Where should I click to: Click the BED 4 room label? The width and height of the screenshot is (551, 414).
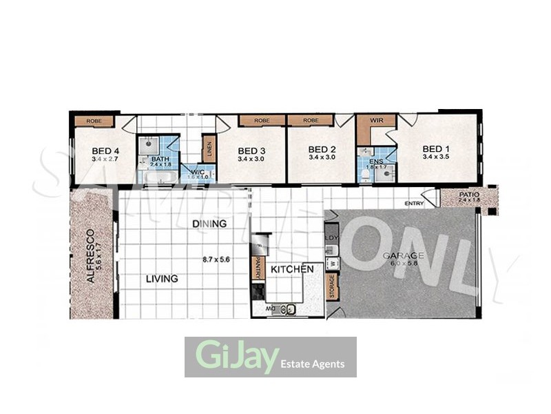[x=106, y=151]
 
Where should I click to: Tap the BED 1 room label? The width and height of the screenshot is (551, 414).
[x=436, y=149]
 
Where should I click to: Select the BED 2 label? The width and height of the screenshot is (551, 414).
[x=322, y=150]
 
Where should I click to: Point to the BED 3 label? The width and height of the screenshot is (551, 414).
[x=251, y=151]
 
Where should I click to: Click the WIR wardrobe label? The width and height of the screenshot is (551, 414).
[x=376, y=120]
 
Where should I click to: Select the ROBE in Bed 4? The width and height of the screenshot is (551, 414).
[x=94, y=121]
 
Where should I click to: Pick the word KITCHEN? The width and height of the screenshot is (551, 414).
[x=292, y=269]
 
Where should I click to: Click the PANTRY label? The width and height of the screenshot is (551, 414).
[x=259, y=268]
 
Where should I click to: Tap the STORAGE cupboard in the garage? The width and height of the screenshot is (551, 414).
[x=331, y=287]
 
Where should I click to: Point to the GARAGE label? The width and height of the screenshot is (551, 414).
[x=404, y=255]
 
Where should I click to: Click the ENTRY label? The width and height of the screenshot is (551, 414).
[x=415, y=203]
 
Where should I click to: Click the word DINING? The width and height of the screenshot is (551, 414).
[x=209, y=224]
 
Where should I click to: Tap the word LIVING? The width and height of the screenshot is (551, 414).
[x=162, y=279]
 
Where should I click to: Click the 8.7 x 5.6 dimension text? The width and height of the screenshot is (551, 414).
[x=216, y=260]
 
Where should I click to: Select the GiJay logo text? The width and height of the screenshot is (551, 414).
[x=237, y=356]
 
